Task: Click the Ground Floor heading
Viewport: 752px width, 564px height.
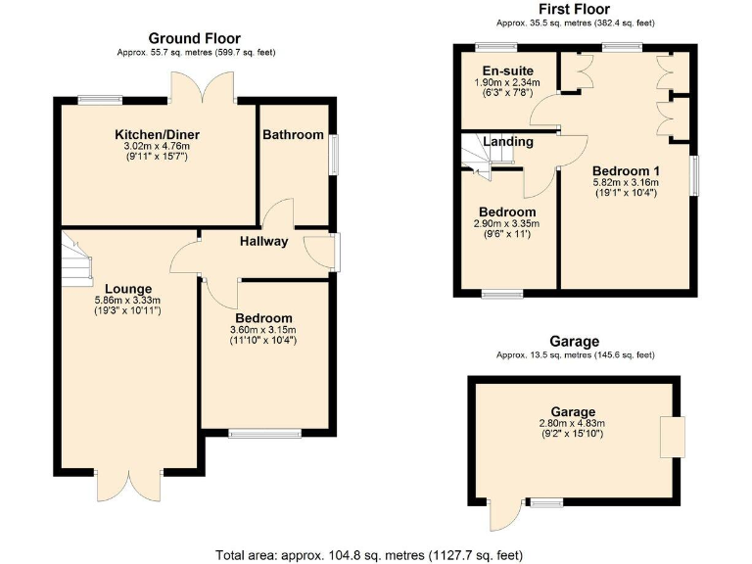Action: pos(194,38)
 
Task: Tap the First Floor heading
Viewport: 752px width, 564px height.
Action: pos(575,9)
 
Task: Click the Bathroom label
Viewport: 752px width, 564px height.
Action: pos(293,134)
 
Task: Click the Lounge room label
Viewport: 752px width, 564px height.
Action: pos(127,289)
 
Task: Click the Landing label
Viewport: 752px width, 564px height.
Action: pos(509,141)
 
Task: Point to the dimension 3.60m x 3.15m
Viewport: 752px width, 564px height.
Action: pos(263,330)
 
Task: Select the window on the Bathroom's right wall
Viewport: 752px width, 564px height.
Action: pos(333,155)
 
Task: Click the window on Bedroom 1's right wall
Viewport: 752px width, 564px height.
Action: pos(697,176)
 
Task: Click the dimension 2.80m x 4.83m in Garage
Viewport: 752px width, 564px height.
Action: pos(573,423)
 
